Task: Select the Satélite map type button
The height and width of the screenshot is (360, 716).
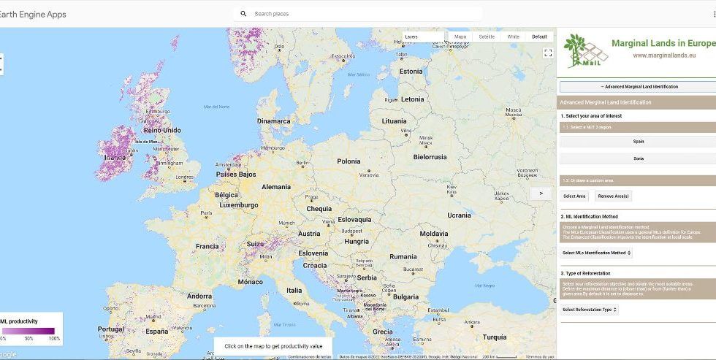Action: [x=487, y=37]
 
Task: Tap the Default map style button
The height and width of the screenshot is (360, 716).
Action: [x=539, y=37]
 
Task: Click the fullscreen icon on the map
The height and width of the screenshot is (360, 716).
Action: [x=548, y=53]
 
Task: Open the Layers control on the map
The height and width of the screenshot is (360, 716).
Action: [x=423, y=37]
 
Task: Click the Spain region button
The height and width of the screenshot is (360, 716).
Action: [x=639, y=142]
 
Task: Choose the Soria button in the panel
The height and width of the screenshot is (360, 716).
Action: [x=639, y=158]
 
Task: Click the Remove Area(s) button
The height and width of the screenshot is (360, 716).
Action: [x=613, y=196]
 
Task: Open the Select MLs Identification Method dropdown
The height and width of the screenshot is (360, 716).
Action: [x=596, y=253]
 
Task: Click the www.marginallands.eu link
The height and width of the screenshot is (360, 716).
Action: [x=663, y=55]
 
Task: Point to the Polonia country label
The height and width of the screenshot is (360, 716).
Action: [x=349, y=161]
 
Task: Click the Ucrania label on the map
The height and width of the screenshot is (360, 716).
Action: [x=459, y=215]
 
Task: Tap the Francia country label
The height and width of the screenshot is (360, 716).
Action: [x=207, y=246]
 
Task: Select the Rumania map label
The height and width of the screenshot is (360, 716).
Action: [x=403, y=257]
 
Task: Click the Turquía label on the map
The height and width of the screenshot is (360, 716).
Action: [x=495, y=337]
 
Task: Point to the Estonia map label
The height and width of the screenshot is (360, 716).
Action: [x=411, y=72]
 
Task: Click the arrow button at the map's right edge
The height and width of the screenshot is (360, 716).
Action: [x=541, y=194]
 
